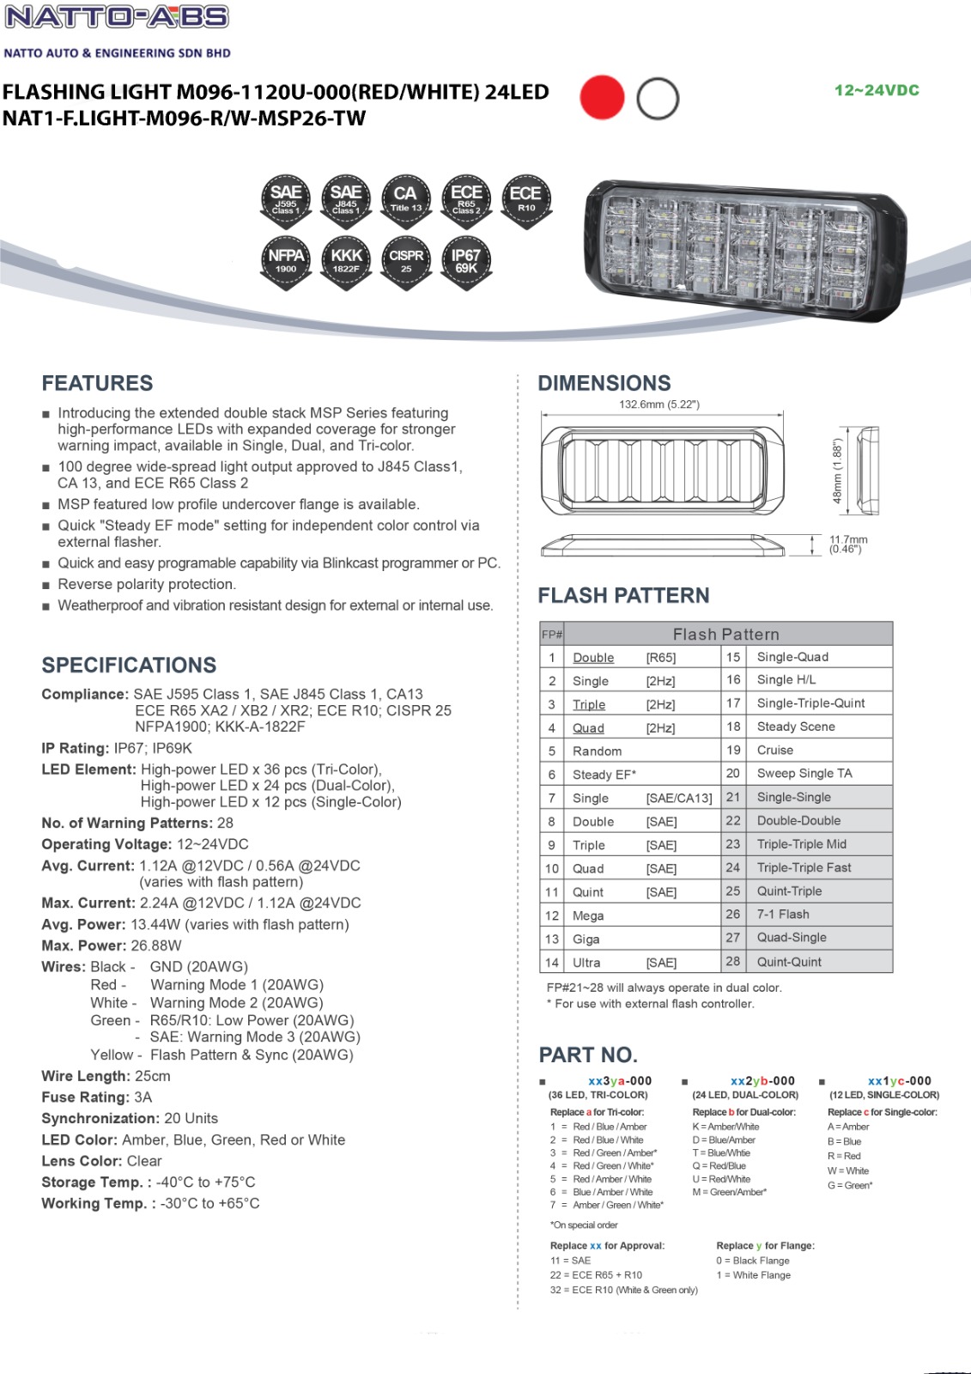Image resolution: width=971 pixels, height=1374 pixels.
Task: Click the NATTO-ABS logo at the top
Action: pos(118,17)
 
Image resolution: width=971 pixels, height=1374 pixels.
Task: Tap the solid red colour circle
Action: pos(602,98)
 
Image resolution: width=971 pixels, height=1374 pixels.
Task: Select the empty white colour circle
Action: pos(658,99)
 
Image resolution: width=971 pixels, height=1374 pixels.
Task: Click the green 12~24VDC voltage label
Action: pos(877,90)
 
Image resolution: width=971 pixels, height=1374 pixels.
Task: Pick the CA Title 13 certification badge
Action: pos(405,199)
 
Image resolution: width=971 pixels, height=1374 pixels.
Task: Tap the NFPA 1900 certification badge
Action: pos(286,261)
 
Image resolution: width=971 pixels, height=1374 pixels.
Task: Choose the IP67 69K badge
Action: pos(465,261)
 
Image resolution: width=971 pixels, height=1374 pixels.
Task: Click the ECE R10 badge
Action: pos(525,199)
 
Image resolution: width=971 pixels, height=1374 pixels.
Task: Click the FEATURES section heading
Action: pos(97,383)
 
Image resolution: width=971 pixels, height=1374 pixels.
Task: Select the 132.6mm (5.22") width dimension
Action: pos(659,404)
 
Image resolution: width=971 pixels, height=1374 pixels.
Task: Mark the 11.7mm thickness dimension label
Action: pos(847,544)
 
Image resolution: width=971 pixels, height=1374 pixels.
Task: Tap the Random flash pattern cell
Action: pos(597,751)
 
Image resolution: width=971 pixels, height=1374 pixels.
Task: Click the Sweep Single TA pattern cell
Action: pos(804,773)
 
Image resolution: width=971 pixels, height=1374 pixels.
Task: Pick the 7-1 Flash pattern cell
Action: pos(783,915)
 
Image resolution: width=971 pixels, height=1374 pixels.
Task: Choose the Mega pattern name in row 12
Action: pos(588,915)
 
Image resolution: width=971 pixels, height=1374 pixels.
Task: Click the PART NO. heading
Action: pos(588,1055)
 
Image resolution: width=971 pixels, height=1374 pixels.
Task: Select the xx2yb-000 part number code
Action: pos(762,1081)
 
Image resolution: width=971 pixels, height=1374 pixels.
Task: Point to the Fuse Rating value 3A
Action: pos(143,1097)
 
